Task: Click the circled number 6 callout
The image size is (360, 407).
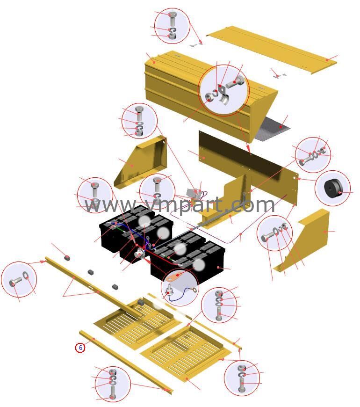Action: [80, 348]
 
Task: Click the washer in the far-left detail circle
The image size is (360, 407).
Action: [26, 276]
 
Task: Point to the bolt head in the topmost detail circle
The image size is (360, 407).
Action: [172, 15]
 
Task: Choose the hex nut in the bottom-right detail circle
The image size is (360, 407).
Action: [241, 368]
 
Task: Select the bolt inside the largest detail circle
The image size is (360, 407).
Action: [235, 82]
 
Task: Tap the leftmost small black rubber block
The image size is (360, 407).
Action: [67, 258]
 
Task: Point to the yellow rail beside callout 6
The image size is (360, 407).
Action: [126, 362]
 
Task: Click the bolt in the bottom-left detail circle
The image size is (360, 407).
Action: [113, 392]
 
